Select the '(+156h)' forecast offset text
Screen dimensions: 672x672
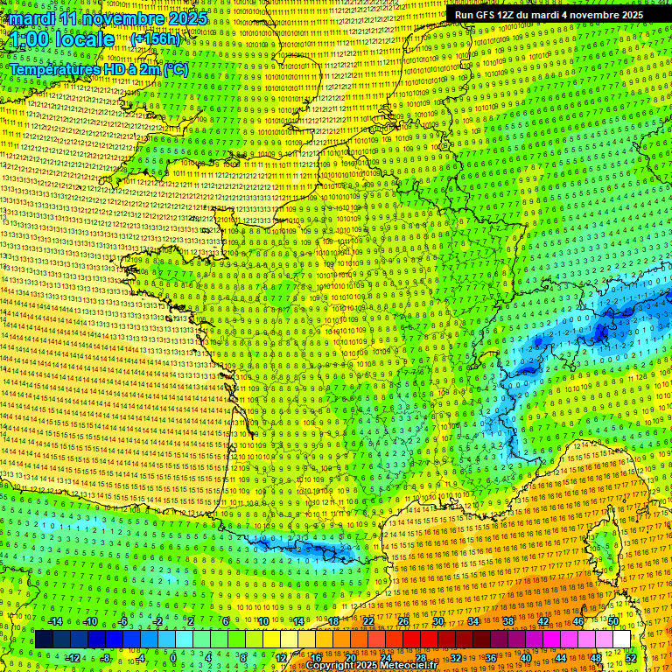tap(155, 38)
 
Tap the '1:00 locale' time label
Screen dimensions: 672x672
tap(62, 39)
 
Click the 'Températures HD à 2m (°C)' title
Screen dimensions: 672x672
tap(99, 69)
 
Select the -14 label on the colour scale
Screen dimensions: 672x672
tap(54, 621)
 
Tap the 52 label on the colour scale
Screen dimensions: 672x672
tap(631, 657)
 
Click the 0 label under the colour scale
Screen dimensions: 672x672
tap(173, 657)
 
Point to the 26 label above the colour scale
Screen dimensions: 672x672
tap(402, 621)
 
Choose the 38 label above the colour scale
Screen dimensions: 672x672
tap(507, 621)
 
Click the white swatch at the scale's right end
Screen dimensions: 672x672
tap(621, 640)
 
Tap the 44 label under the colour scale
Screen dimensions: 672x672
tap(561, 657)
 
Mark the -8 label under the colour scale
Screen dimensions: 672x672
tap(105, 657)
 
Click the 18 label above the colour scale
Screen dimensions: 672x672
tap(332, 621)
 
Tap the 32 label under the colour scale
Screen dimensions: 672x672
tap(456, 657)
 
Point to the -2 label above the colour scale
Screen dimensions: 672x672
tap(157, 621)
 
